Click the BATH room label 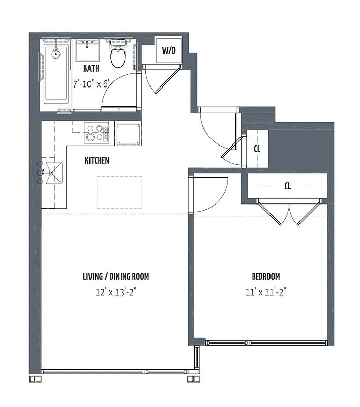tap(91, 69)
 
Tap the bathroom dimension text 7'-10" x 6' tap(91, 84)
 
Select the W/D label tap(168, 50)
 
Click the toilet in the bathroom tap(118, 55)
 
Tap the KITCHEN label tap(97, 160)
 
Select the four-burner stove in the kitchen tap(97, 133)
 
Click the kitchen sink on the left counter tap(54, 173)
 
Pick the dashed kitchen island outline tap(119, 192)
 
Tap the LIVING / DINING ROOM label tap(116, 277)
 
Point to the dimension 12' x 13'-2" tap(116, 293)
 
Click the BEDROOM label tap(266, 277)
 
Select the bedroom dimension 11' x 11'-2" tap(266, 293)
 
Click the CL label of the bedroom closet tap(287, 186)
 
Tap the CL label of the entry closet tap(257, 149)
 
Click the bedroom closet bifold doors tap(288, 213)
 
